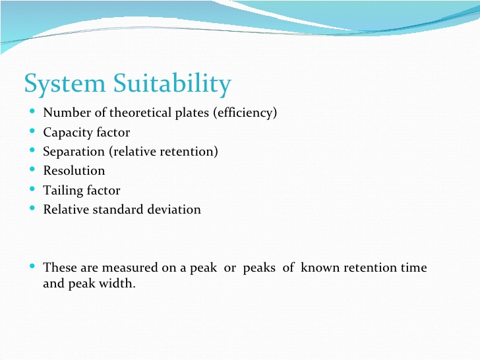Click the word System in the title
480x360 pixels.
click(65, 84)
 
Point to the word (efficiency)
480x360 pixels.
click(245, 113)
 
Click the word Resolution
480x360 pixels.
click(74, 171)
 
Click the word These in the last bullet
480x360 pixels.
click(59, 268)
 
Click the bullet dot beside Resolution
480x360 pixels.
click(33, 170)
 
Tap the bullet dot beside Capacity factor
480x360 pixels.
click(33, 132)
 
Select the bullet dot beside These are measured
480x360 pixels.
click(33, 267)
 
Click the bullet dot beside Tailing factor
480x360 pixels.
click(33, 190)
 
